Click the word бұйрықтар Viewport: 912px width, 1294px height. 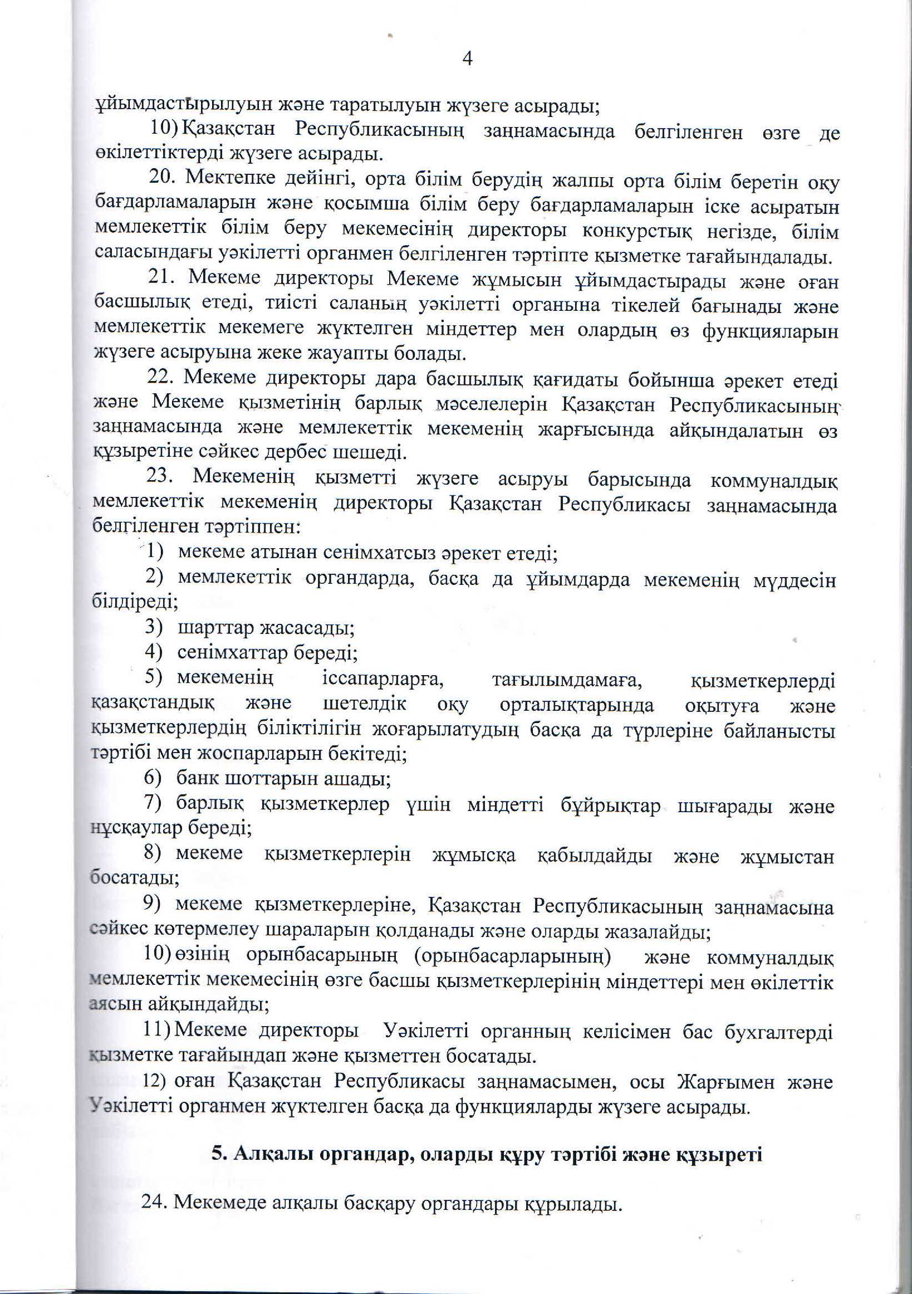click(610, 806)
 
